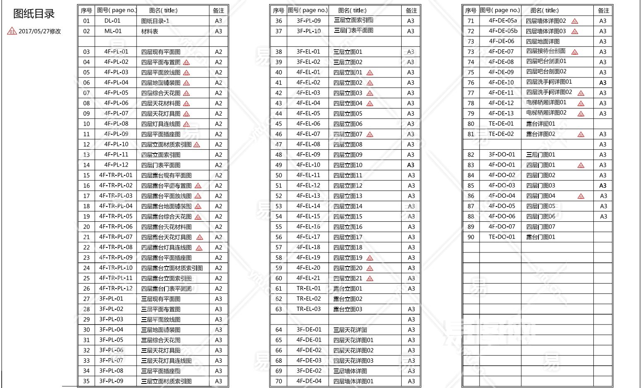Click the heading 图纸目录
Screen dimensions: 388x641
[x=34, y=14]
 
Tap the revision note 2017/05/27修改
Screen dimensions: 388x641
[x=40, y=31]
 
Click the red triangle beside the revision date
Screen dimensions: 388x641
[x=12, y=31]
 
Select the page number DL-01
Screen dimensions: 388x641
[x=112, y=21]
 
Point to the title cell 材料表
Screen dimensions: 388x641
[x=149, y=31]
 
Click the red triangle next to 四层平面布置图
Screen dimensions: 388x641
[x=186, y=62]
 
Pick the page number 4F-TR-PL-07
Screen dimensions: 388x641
[x=116, y=237]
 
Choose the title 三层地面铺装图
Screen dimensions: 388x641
[x=161, y=330]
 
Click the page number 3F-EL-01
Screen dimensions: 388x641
[x=308, y=52]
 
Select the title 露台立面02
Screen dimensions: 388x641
[x=348, y=299]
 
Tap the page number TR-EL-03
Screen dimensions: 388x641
[x=308, y=309]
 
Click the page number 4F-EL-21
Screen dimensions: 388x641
[x=308, y=278]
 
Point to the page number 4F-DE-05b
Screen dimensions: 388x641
[x=503, y=31]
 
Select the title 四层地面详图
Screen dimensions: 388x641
[x=542, y=41]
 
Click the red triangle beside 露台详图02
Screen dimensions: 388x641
[x=581, y=134]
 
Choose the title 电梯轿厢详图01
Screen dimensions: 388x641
[x=546, y=102]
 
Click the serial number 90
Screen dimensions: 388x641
[x=471, y=237]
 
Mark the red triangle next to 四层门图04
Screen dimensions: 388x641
[x=581, y=196]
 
